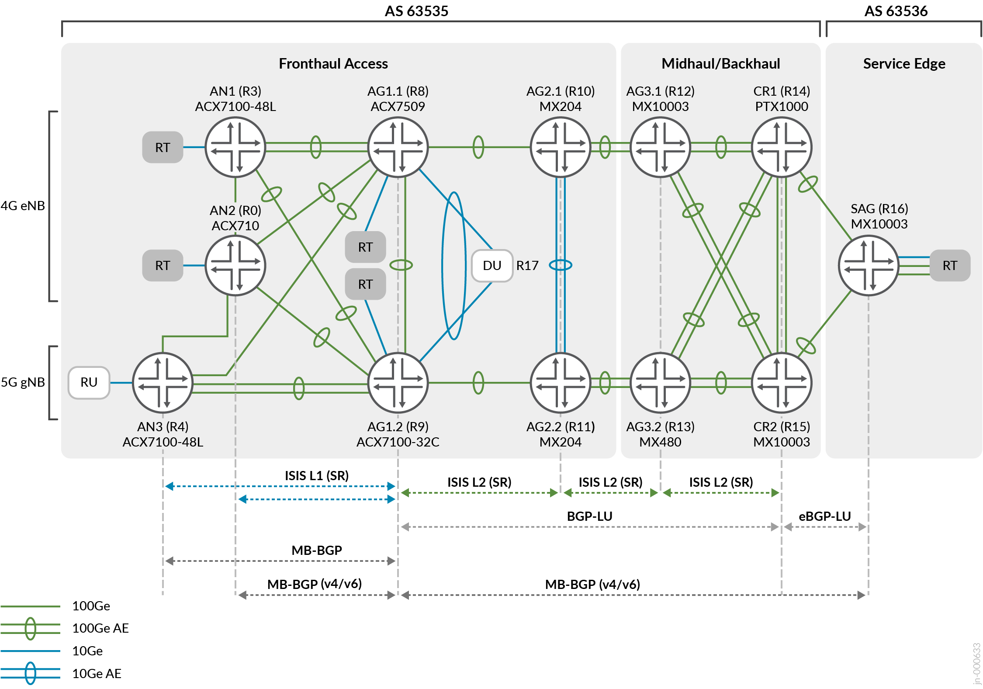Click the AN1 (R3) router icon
[235, 147]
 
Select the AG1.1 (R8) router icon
[398, 147]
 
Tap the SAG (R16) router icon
[868, 265]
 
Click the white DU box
[492, 266]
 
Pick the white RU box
[89, 382]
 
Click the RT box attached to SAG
[949, 265]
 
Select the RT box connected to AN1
[163, 147]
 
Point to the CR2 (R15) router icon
[781, 383]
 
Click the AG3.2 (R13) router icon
[660, 383]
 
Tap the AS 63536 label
[896, 11]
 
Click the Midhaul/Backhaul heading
[720, 64]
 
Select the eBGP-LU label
[824, 516]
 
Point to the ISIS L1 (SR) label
[317, 475]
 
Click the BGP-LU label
[589, 516]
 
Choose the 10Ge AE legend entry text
[97, 673]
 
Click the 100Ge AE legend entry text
[100, 628]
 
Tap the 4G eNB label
[23, 206]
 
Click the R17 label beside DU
[527, 266]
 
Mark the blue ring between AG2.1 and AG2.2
[561, 265]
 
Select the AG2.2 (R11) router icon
[561, 383]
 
